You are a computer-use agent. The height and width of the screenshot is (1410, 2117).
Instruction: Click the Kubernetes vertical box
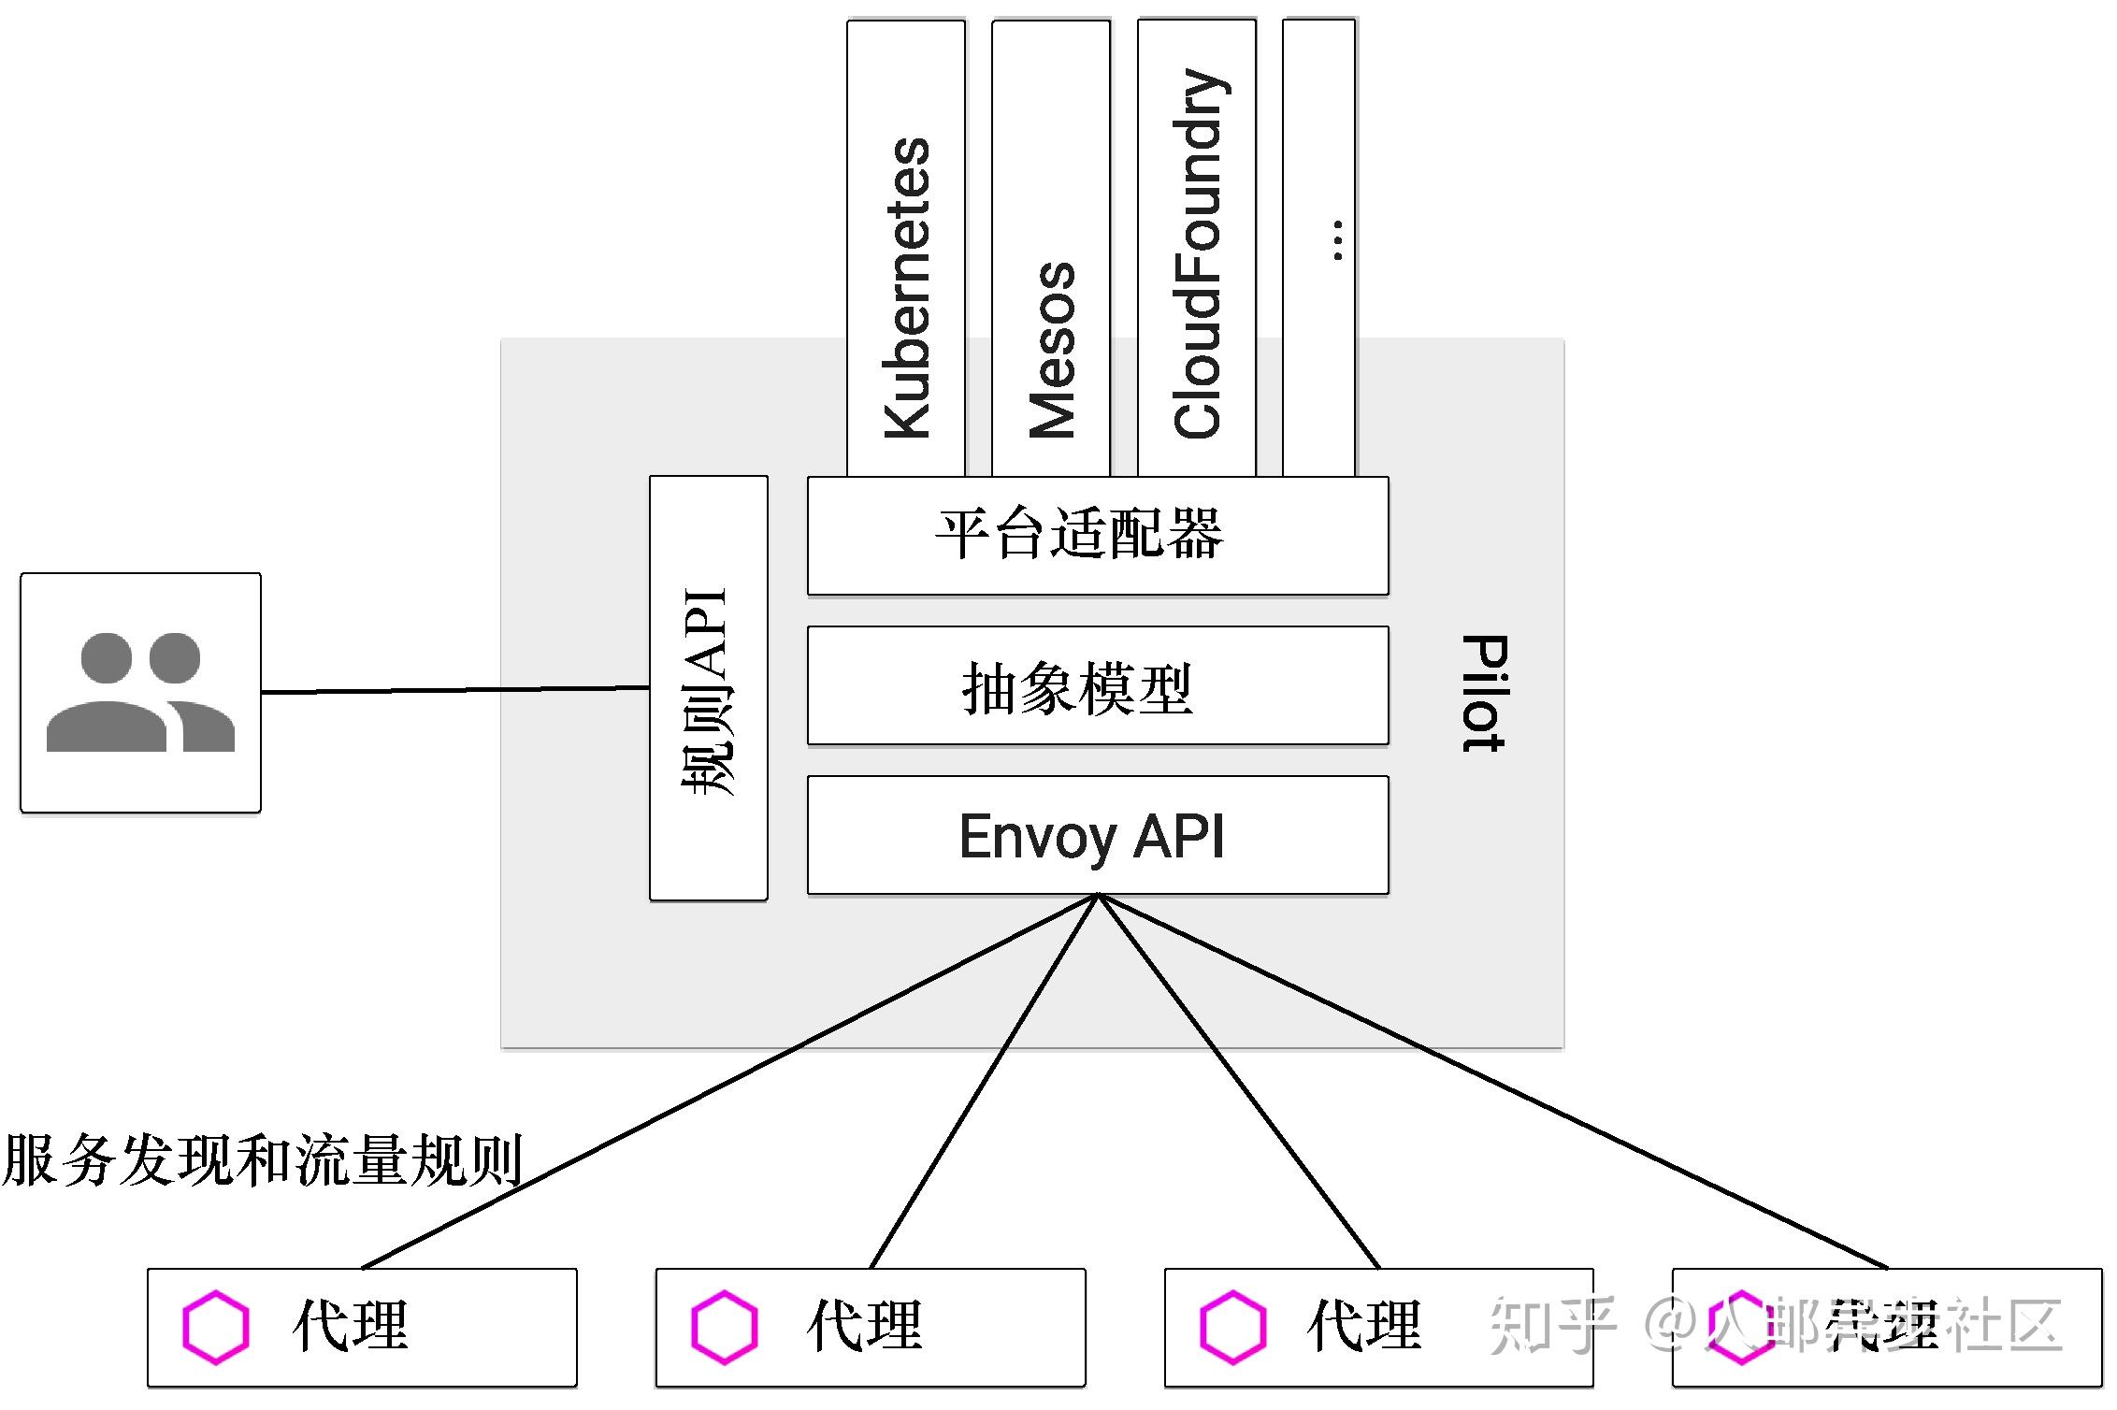(906, 248)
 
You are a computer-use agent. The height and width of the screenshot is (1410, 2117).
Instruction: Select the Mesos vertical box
(1051, 248)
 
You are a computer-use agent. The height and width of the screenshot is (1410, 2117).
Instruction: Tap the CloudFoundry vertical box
(1197, 248)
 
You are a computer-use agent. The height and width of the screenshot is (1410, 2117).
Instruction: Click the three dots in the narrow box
(1338, 240)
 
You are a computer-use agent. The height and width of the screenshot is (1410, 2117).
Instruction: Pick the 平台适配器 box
(1098, 536)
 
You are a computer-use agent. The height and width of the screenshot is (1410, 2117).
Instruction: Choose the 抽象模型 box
(1098, 685)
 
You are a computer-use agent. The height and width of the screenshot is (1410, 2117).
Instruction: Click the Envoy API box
(1098, 835)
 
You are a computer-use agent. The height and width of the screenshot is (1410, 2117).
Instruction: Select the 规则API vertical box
(709, 688)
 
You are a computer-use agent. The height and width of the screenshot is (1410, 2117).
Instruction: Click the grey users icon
(140, 693)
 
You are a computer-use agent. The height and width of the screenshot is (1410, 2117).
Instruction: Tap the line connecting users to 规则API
(455, 690)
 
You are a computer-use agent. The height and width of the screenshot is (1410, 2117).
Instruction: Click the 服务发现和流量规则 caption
(262, 1159)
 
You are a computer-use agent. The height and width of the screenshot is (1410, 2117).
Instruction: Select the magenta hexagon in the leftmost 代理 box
(216, 1327)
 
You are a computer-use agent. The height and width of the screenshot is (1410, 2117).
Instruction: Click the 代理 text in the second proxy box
(865, 1326)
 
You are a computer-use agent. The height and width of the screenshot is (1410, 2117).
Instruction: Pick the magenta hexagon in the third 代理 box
(1232, 1327)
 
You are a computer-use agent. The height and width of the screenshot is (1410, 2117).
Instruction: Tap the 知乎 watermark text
(1553, 1325)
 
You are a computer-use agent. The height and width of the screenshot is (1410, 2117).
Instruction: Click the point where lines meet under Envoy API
(1099, 896)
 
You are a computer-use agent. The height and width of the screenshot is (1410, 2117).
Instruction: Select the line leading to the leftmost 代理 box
(729, 1082)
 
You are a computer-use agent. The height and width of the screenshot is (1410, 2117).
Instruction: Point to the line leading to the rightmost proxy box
(1496, 1082)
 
